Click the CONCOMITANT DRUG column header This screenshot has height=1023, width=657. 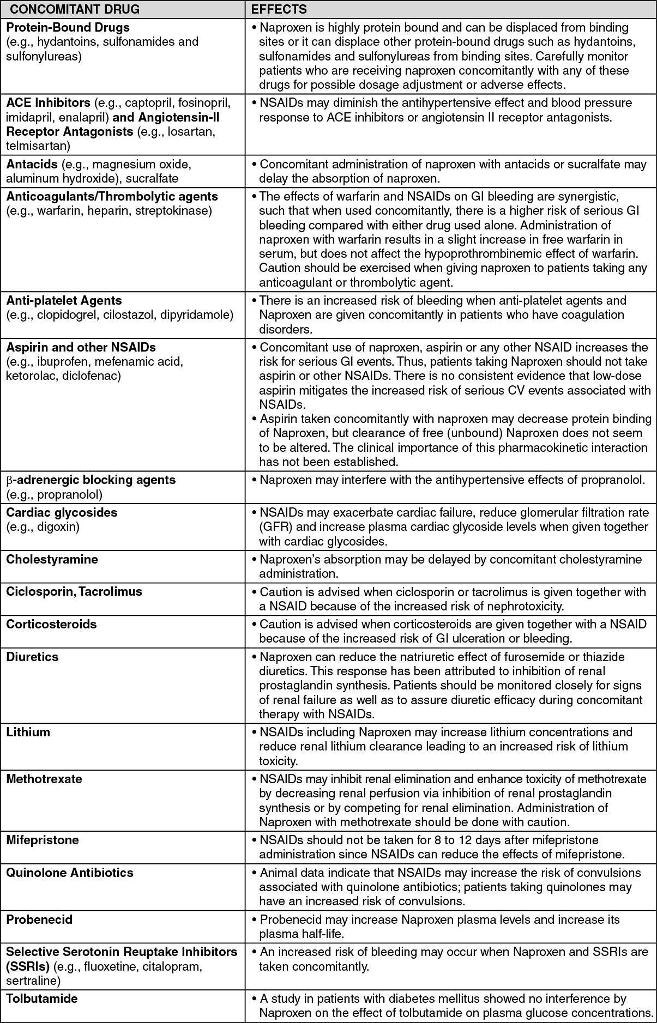[75, 9]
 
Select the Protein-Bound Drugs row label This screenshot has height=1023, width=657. [68, 27]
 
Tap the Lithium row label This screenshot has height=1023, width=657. [28, 732]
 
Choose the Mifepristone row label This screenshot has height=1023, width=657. [43, 840]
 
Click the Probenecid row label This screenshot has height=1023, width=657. [39, 919]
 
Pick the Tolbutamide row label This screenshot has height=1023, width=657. [42, 998]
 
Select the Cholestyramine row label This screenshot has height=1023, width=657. [52, 559]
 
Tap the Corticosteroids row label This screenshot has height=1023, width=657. [51, 624]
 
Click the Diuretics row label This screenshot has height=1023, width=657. [32, 657]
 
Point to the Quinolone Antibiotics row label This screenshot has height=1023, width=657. [70, 873]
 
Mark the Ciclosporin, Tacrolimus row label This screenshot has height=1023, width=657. [74, 591]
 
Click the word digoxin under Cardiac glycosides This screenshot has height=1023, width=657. [58, 526]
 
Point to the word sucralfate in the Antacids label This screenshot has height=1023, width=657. [152, 178]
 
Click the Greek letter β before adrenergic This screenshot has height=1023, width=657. [9, 480]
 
